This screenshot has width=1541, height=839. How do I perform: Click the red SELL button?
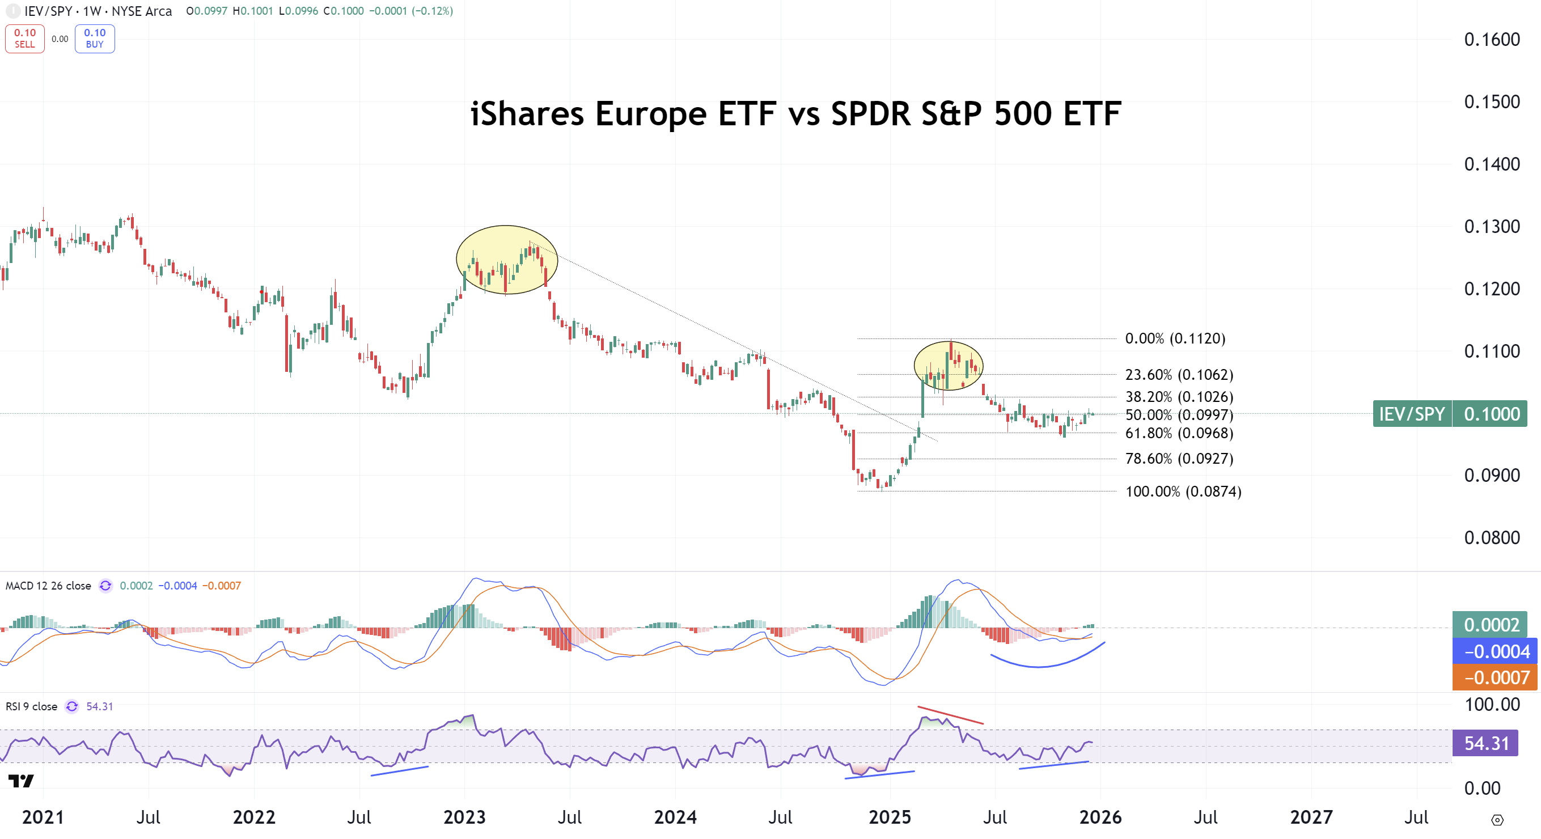point(24,39)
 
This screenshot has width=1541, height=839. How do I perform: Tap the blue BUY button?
point(95,39)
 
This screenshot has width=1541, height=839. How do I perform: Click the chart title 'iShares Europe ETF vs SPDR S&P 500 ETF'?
point(795,113)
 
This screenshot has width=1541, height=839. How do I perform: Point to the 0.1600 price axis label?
point(1491,40)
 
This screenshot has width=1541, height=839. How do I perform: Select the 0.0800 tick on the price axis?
point(1491,537)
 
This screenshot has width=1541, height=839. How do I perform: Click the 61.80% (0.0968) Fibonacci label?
point(1179,433)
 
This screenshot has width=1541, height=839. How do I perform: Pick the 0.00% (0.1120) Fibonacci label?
point(1175,338)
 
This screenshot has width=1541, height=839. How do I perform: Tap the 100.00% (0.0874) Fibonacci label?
point(1183,491)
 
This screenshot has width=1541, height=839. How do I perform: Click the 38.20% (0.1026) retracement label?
point(1179,396)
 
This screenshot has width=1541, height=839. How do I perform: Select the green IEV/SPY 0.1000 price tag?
point(1450,414)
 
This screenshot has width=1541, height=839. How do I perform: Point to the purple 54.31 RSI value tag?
point(1485,743)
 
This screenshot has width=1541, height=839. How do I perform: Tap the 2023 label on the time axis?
point(464,817)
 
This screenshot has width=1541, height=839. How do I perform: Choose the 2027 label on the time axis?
point(1311,817)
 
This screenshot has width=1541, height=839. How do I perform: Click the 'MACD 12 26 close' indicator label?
point(48,586)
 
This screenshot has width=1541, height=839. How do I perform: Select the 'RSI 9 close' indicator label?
point(31,706)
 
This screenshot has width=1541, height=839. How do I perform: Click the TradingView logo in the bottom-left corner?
point(21,781)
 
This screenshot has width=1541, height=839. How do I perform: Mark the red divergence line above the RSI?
point(950,715)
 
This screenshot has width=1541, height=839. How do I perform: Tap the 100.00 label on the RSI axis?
point(1491,705)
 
